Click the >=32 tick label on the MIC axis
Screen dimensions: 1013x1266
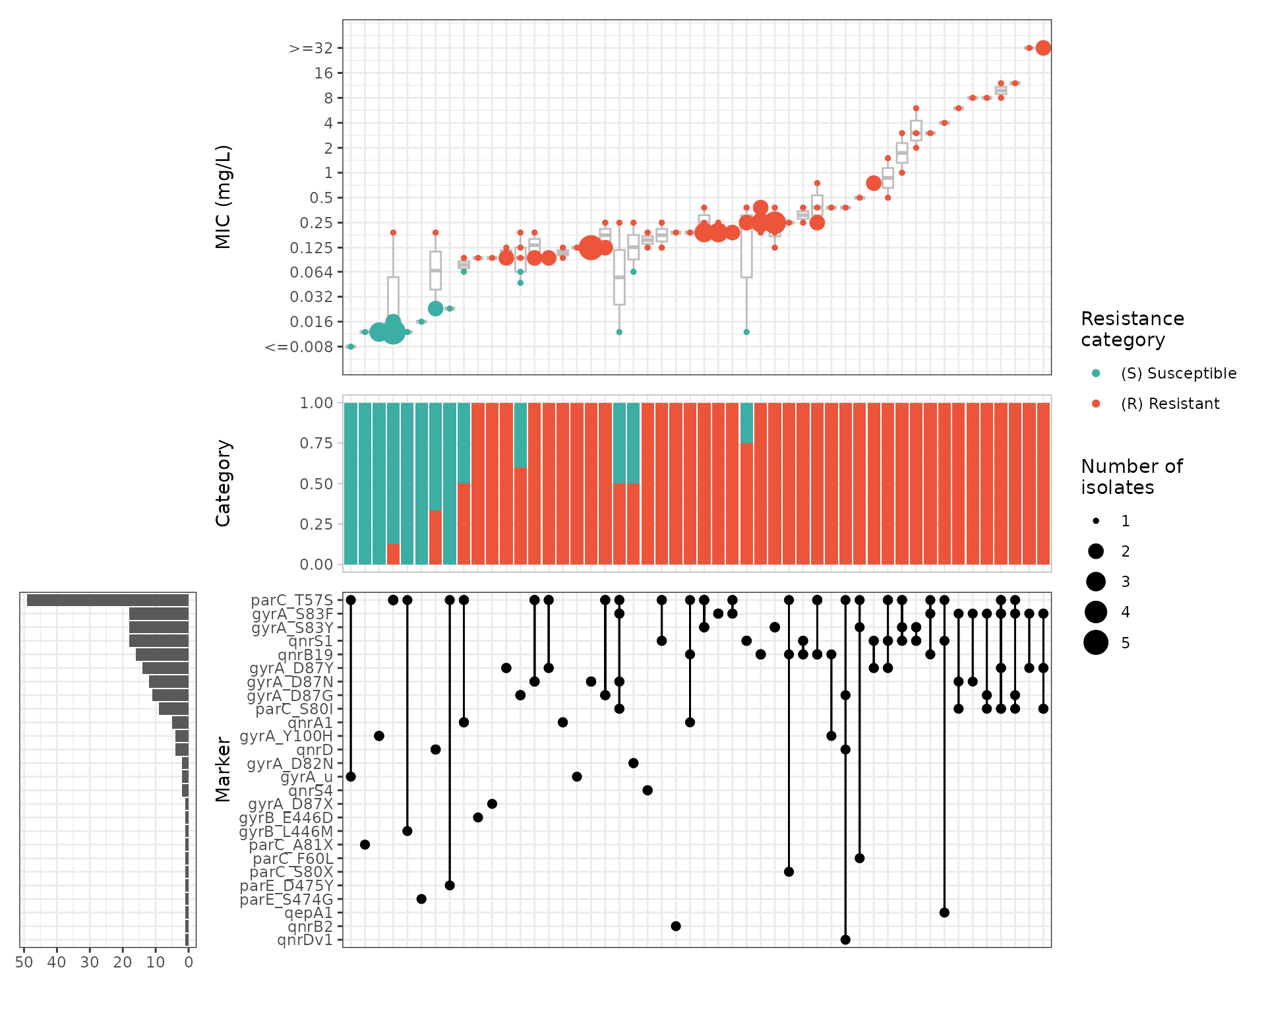(x=311, y=48)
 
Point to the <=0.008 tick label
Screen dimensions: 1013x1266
(x=299, y=347)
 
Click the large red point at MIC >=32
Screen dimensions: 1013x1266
(x=1042, y=48)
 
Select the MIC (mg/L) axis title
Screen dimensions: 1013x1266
(x=224, y=197)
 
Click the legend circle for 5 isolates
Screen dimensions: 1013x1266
(x=1096, y=642)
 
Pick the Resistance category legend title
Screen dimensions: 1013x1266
(x=1132, y=329)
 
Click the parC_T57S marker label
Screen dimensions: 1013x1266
(x=291, y=600)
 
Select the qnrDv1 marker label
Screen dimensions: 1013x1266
(x=305, y=940)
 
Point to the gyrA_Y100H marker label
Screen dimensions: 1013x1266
(x=286, y=736)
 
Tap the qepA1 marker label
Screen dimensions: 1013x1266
(x=308, y=913)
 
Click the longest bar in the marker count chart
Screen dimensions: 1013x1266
(x=107, y=600)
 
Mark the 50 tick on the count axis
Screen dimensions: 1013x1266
(x=24, y=962)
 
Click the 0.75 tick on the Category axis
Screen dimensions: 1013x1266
(x=316, y=443)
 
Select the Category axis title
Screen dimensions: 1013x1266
(x=224, y=483)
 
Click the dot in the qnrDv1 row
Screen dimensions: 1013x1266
(x=845, y=940)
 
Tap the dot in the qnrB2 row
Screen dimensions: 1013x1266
(x=676, y=926)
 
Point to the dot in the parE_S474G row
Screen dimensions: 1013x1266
(x=421, y=899)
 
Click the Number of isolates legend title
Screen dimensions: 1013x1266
(x=1131, y=477)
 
